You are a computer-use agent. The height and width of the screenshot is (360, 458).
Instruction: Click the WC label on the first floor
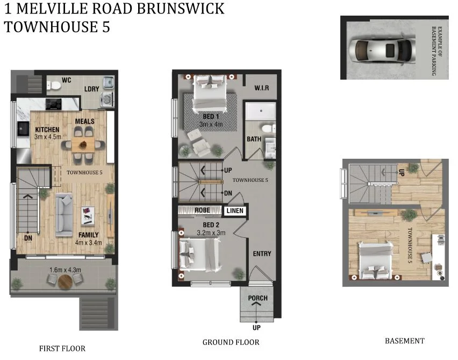pyautogui.click(x=67, y=80)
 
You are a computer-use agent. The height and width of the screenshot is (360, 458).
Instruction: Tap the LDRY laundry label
pyautogui.click(x=91, y=89)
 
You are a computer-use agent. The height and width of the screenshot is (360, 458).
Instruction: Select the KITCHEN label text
pyautogui.click(x=47, y=130)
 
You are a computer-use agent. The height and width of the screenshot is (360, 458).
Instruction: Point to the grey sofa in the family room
pyautogui.click(x=64, y=212)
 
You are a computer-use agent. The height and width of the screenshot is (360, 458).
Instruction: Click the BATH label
pyautogui.click(x=254, y=139)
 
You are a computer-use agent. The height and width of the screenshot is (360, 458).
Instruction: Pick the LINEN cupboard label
pyautogui.click(x=235, y=211)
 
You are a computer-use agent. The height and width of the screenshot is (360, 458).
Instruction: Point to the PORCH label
pyautogui.click(x=258, y=298)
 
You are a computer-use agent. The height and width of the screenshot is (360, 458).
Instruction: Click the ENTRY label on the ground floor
pyautogui.click(x=262, y=253)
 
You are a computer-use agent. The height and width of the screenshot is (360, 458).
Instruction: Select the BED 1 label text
pyautogui.click(x=211, y=116)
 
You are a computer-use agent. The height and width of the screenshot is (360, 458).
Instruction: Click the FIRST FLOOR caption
pyautogui.click(x=62, y=348)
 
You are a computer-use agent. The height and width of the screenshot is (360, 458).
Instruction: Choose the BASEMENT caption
pyautogui.click(x=404, y=341)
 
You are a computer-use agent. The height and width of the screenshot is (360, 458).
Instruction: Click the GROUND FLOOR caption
pyautogui.click(x=231, y=342)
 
